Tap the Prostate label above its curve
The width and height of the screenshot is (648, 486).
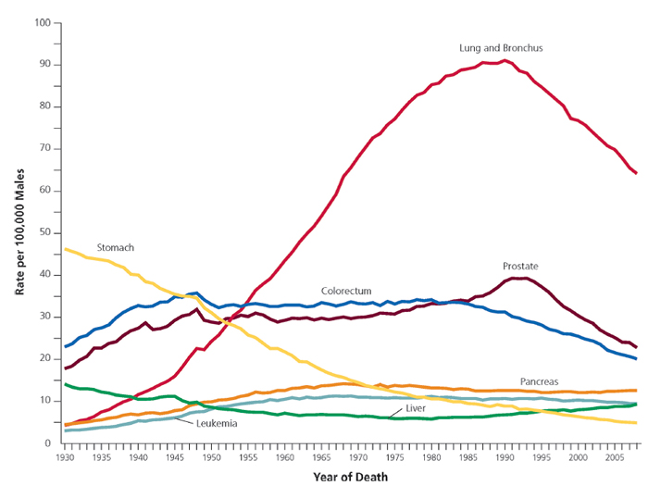point(520,266)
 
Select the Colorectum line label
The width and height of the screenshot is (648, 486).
point(346,290)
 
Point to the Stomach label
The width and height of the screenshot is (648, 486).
point(116,248)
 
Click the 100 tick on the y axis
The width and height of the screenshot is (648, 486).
point(41,22)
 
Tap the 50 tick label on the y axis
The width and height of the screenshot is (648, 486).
point(44,232)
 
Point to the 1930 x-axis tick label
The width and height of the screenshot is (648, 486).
point(65,457)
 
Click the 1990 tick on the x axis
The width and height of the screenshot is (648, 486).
point(505,457)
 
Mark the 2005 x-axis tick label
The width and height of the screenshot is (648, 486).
point(614,457)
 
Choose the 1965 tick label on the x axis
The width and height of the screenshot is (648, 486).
point(321,457)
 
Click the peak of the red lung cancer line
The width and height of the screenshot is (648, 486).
point(504,60)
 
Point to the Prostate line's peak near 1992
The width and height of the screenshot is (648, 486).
point(519,278)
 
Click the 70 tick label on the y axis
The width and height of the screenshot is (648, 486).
point(44,148)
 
